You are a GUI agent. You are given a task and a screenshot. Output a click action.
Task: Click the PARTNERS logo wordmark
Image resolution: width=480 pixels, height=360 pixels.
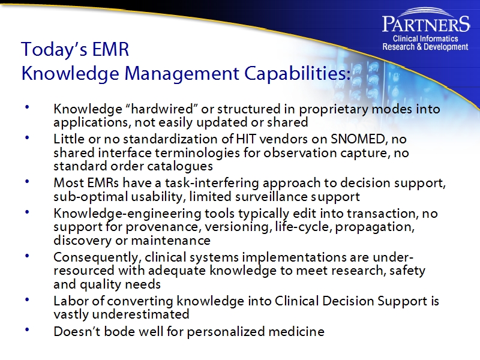(x=425, y=23)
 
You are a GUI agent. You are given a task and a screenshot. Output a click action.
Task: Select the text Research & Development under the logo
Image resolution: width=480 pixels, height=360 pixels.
(x=425, y=47)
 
